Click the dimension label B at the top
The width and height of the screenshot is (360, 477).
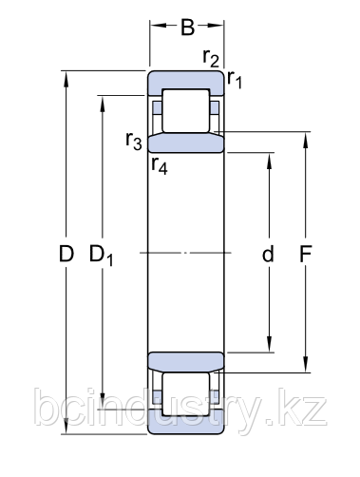click(188, 28)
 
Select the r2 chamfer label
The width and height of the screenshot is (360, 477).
click(211, 58)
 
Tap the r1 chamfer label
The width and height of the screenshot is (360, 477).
click(235, 80)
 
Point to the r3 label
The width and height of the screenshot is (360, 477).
click(134, 143)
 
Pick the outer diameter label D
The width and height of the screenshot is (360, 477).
click(66, 254)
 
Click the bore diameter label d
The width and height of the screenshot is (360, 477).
click(268, 254)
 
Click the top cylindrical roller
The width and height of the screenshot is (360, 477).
click(185, 111)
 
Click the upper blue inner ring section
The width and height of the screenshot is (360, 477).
click(186, 143)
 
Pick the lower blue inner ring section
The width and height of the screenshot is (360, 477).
click(186, 362)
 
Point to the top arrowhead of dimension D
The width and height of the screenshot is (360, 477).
click(66, 77)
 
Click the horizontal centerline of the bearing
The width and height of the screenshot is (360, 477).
click(186, 253)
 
